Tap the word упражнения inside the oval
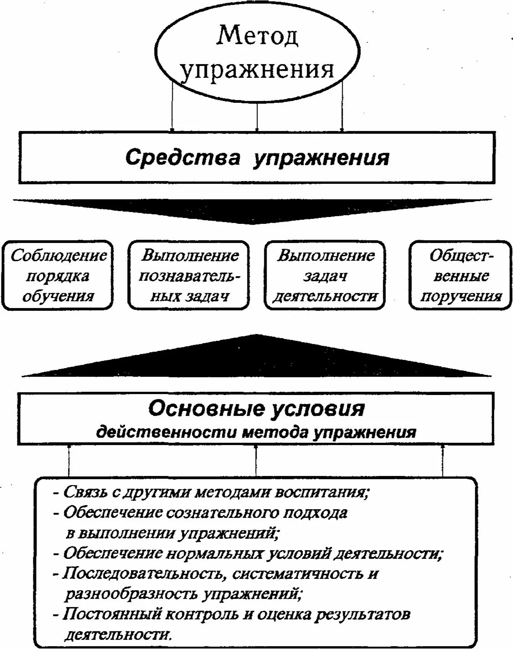[x=257, y=70]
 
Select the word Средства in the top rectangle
[x=183, y=158]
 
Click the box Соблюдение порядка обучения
[x=58, y=276]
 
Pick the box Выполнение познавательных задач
[x=189, y=276]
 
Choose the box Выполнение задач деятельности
[x=325, y=276]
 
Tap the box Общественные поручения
[x=461, y=276]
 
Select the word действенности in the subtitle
[x=165, y=431]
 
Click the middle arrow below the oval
[x=257, y=109]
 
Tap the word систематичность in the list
[x=295, y=573]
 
